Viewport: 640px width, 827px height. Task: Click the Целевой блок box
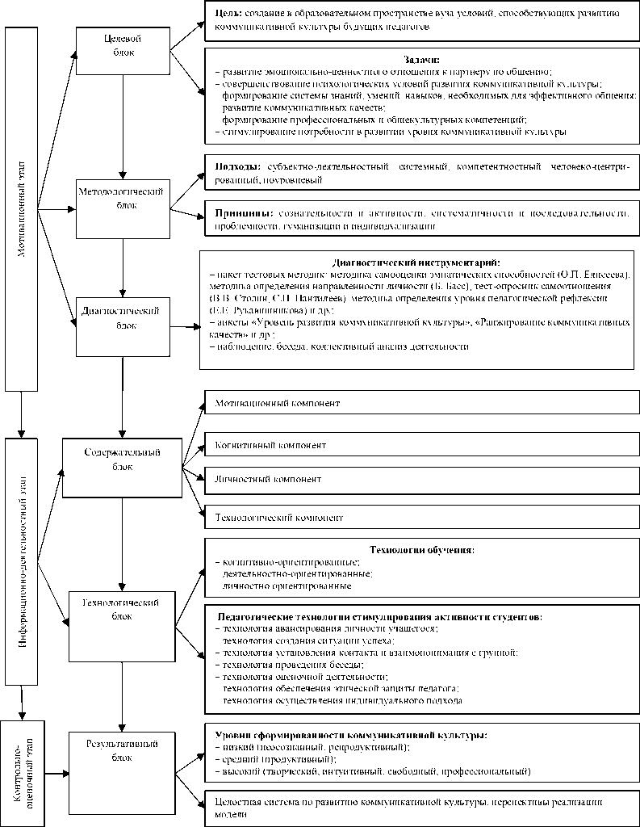[123, 45]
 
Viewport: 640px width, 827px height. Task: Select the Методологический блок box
[123, 198]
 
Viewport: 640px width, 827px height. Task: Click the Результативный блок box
[123, 750]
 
